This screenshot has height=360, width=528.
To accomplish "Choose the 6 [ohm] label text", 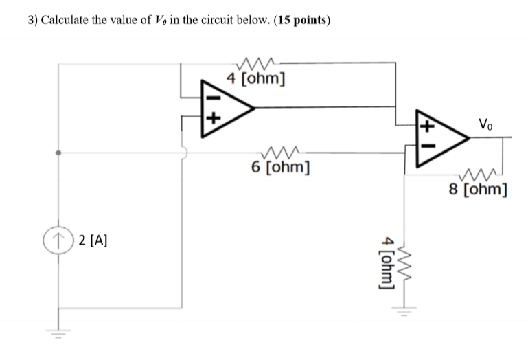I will pyautogui.click(x=279, y=167).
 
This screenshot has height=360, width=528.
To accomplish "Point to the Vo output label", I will pyautogui.click(x=485, y=125).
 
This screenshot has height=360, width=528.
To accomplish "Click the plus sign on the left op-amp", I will pyautogui.click(x=213, y=118).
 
